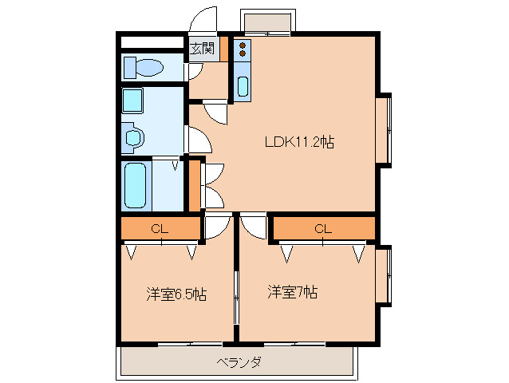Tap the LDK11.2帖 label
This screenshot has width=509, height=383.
click(299, 143)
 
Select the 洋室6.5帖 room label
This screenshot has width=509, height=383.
click(176, 294)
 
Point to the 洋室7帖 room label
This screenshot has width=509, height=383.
click(293, 292)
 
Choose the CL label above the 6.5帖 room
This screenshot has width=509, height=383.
click(160, 230)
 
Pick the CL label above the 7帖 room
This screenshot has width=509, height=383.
click(323, 229)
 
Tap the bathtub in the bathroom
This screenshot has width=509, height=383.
click(137, 186)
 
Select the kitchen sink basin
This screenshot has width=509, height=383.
click(243, 85)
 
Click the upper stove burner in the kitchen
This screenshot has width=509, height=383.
click(243, 45)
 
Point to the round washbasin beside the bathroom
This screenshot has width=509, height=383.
click(133, 139)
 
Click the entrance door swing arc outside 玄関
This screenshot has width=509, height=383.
click(205, 19)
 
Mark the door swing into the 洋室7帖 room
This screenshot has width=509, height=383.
click(254, 226)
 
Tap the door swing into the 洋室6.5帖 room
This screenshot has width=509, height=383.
click(216, 227)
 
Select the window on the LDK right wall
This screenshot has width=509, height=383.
click(385, 130)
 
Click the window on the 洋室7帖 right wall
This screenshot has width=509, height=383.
click(385, 275)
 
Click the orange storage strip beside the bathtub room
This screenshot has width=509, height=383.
click(194, 185)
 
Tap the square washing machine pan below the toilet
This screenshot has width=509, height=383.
click(133, 101)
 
